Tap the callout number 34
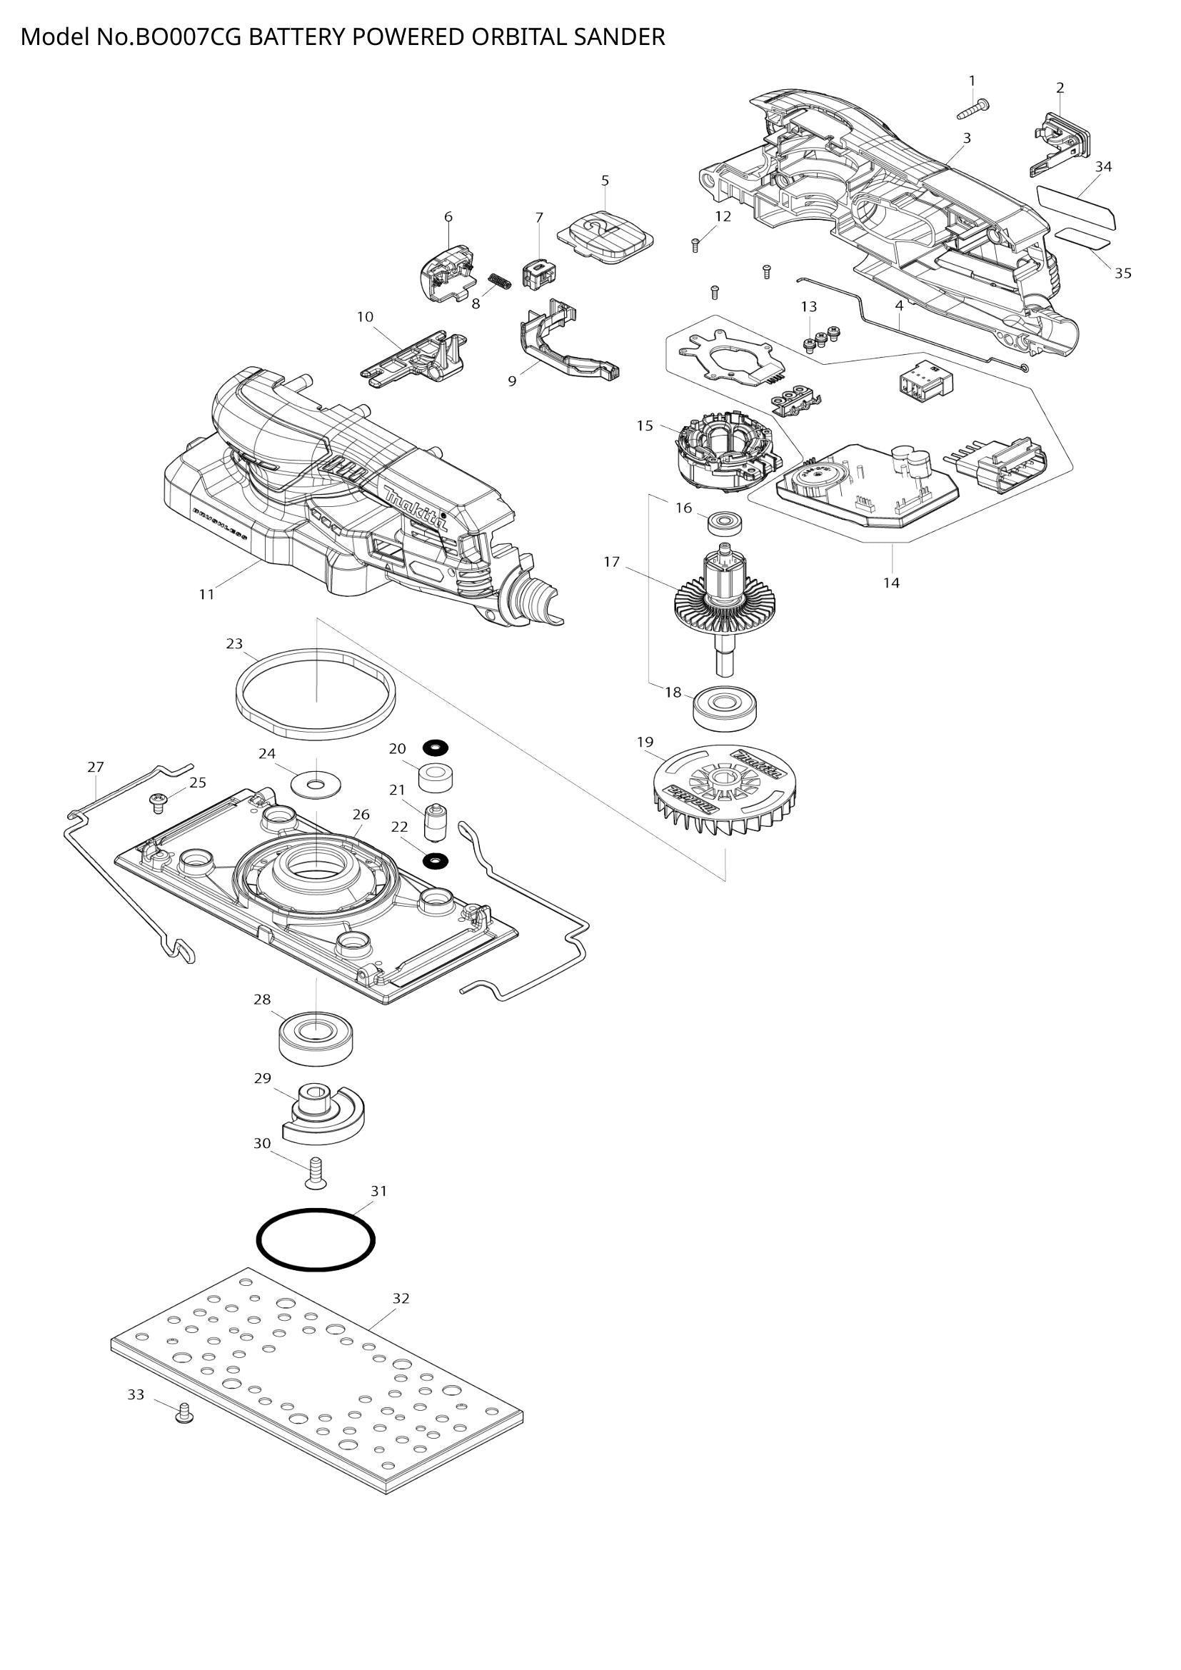pyautogui.click(x=1103, y=166)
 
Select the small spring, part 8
pyautogui.click(x=499, y=280)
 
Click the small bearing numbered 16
pyautogui.click(x=723, y=522)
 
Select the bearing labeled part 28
pyautogui.click(x=316, y=1036)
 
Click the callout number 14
pyautogui.click(x=891, y=583)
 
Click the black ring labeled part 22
pyautogui.click(x=436, y=861)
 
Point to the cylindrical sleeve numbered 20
pyautogui.click(x=436, y=779)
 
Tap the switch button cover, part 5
pyautogui.click(x=605, y=233)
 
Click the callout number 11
pyautogui.click(x=206, y=594)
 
